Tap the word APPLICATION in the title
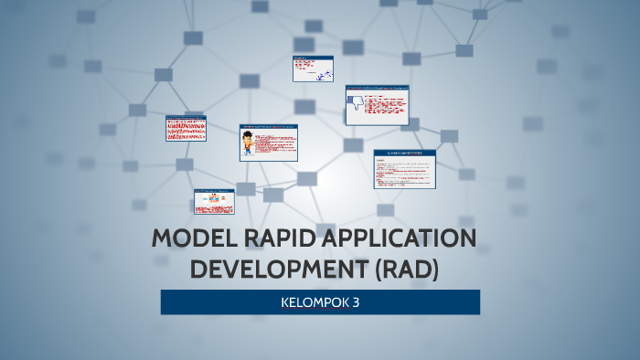pyautogui.click(x=399, y=240)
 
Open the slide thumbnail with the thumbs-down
pyautogui.click(x=378, y=106)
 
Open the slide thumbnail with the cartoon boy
pyautogui.click(x=269, y=143)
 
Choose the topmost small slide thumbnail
pyautogui.click(x=313, y=69)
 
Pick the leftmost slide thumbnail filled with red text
pyautogui.click(x=186, y=129)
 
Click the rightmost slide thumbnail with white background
pyautogui.click(x=404, y=169)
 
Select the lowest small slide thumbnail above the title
pyautogui.click(x=214, y=201)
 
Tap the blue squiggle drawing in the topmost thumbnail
pyautogui.click(x=321, y=74)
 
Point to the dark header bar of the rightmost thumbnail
pyautogui.click(x=404, y=153)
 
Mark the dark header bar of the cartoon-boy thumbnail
pyautogui.click(x=269, y=127)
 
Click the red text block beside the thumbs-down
pyautogui.click(x=387, y=108)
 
